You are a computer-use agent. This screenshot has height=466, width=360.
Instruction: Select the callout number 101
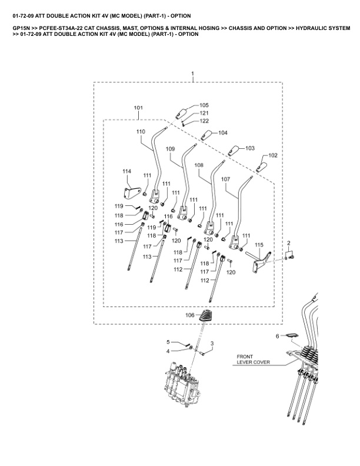point(138,108)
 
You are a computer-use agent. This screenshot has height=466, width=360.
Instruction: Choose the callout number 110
point(141,131)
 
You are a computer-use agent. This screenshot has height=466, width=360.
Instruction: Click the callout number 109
point(170,149)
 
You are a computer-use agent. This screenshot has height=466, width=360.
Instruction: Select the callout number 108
point(198,166)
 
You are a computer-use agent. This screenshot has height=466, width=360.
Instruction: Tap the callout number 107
point(225,178)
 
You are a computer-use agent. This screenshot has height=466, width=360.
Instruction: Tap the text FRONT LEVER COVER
point(253,360)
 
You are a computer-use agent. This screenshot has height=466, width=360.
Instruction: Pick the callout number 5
point(168,342)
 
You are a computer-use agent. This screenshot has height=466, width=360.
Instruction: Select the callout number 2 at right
point(288,243)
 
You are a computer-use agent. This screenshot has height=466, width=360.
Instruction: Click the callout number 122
point(204,121)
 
